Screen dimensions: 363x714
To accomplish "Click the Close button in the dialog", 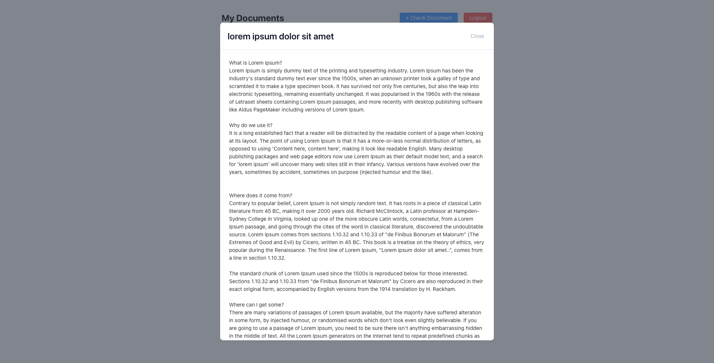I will (477, 36).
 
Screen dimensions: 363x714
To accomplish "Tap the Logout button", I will (477, 18).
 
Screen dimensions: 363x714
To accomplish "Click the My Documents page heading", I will (253, 18).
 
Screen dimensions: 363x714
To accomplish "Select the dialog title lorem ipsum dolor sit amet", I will (280, 36).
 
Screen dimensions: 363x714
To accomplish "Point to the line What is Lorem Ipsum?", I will (255, 63).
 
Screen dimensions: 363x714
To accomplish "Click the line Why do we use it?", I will (251, 125).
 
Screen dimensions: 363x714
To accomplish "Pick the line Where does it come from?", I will (260, 195).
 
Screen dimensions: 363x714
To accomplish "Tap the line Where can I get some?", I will (256, 305).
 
